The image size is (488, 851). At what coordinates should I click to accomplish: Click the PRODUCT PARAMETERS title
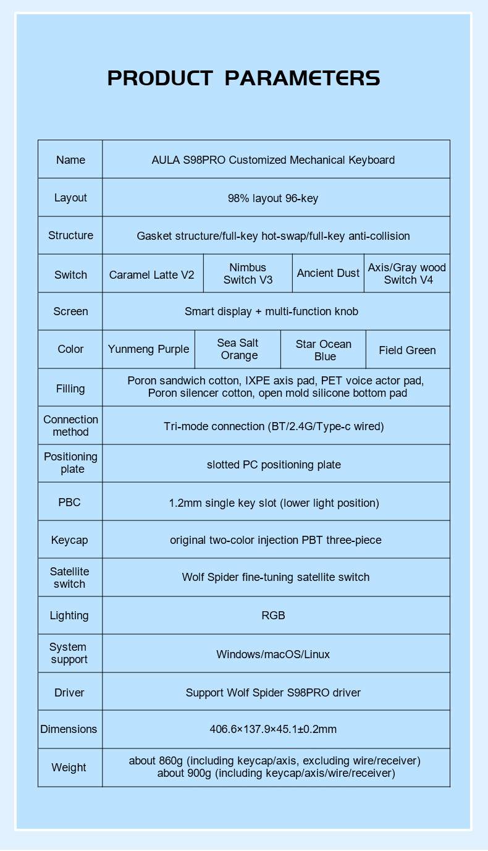pyautogui.click(x=243, y=78)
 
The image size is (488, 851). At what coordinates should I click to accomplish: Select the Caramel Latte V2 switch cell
pyautogui.click(x=152, y=274)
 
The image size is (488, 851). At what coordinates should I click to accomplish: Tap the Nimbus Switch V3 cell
pyautogui.click(x=248, y=274)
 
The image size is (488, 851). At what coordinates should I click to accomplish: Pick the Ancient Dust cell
pyautogui.click(x=328, y=273)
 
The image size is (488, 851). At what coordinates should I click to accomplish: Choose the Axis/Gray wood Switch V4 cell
pyautogui.click(x=407, y=274)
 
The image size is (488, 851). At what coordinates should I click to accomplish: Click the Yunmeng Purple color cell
pyautogui.click(x=148, y=349)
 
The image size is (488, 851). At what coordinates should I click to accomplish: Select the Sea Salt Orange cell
pyautogui.click(x=238, y=349)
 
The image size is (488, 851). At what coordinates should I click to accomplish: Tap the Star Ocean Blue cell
pyautogui.click(x=323, y=350)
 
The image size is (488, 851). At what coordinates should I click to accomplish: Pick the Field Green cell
pyautogui.click(x=407, y=350)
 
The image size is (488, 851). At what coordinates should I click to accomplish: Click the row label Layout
pyautogui.click(x=70, y=198)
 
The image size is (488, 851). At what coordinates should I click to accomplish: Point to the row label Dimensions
pyautogui.click(x=69, y=729)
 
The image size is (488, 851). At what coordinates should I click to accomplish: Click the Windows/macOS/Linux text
pyautogui.click(x=273, y=654)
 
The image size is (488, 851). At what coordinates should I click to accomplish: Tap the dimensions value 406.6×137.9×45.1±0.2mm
pyautogui.click(x=273, y=729)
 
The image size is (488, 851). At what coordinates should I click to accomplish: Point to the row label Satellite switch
pyautogui.click(x=69, y=578)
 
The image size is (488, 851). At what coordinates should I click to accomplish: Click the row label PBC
pyautogui.click(x=69, y=502)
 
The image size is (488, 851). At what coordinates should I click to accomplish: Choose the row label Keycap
pyautogui.click(x=69, y=540)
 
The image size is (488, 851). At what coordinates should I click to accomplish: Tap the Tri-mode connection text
pyautogui.click(x=274, y=426)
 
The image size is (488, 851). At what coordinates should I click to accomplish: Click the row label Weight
pyautogui.click(x=69, y=768)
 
